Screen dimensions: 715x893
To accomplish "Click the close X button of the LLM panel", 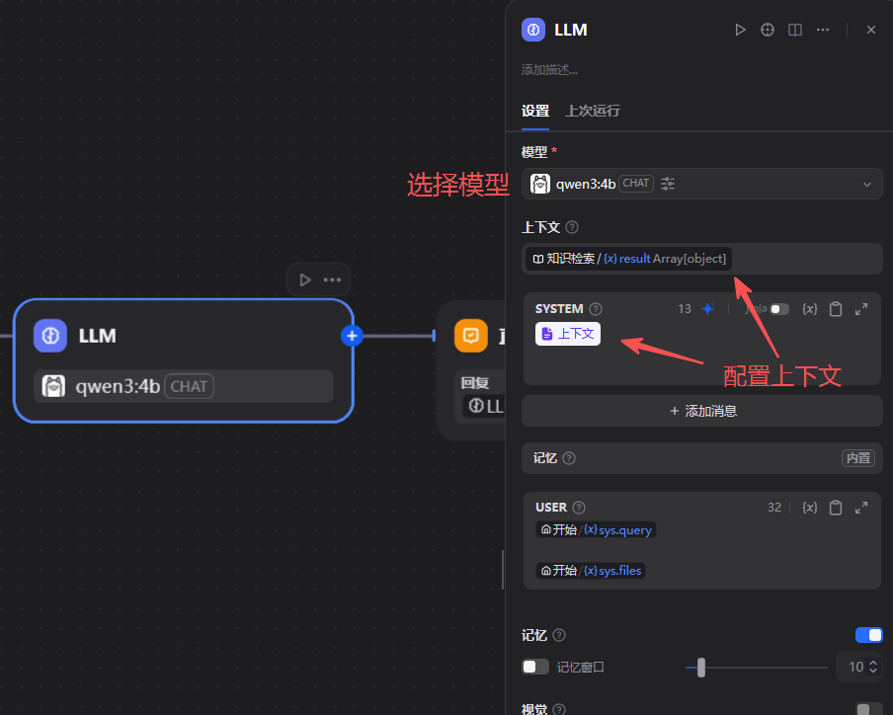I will point(871,30).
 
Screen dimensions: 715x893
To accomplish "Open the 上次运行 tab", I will point(593,111).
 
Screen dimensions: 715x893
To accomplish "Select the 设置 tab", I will point(535,111).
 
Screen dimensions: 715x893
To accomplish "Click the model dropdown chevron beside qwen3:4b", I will point(867,184).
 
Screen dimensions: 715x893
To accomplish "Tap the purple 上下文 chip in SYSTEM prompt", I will point(568,334).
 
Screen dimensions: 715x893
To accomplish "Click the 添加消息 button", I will point(702,411).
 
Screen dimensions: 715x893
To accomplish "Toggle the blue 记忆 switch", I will point(869,635).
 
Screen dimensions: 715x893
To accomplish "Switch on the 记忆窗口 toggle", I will point(535,667).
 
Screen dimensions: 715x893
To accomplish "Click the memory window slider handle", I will point(700,668).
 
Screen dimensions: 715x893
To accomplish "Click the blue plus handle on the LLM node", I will point(352,336).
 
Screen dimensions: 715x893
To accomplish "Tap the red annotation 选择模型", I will point(457,185).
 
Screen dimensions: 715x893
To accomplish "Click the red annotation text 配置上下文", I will point(782,375).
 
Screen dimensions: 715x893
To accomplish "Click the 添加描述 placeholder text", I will point(550,70).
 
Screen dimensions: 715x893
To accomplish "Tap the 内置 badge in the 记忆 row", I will point(857,458).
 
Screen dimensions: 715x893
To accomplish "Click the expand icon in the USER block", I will point(861,508).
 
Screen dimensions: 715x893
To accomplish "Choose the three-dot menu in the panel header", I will point(823,30).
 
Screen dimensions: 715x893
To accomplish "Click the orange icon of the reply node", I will point(471,336).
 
